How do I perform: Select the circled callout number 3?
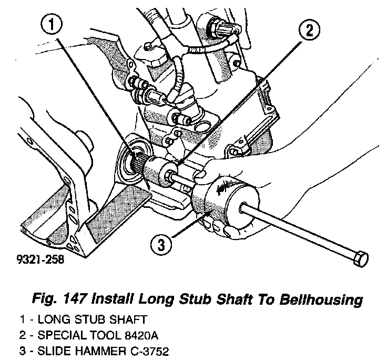[x=161, y=243]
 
